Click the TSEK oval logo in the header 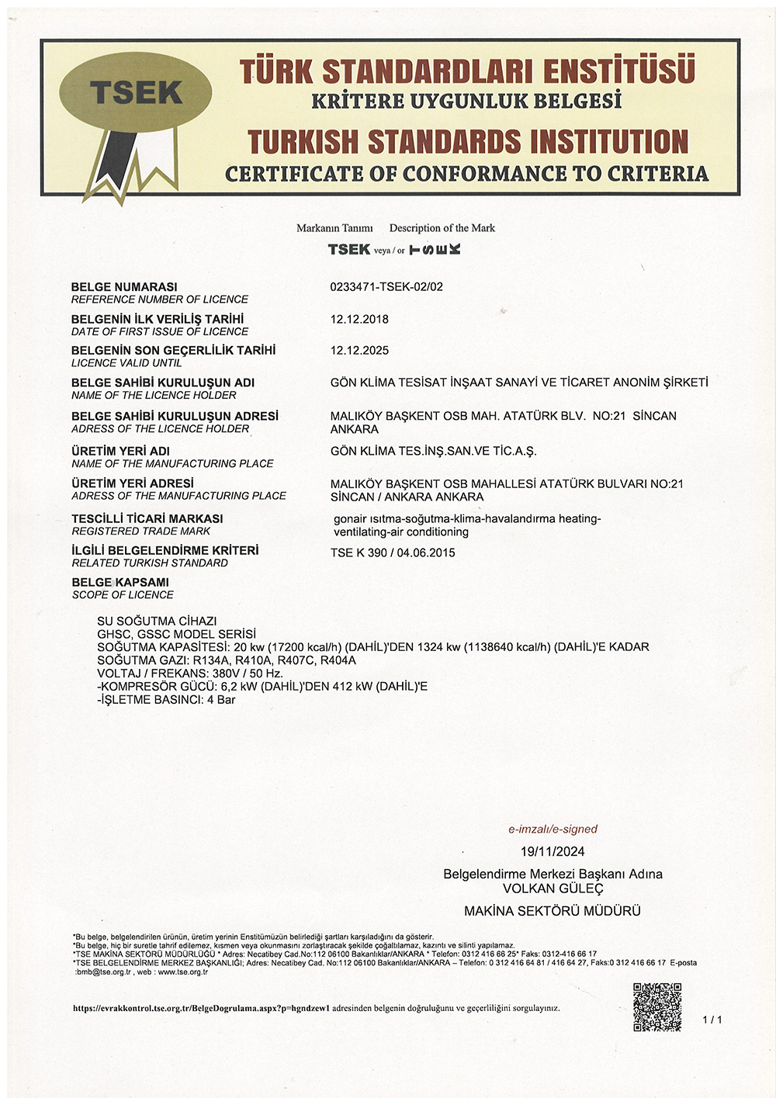tap(135, 94)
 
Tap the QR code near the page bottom tap(656, 1006)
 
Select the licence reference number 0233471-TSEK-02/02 tap(386, 286)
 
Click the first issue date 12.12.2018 tap(359, 319)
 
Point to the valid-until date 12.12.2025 tap(359, 350)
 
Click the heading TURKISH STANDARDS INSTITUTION tap(467, 142)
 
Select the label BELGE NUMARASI tap(124, 286)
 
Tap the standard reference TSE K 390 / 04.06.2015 tap(393, 552)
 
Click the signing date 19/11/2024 tap(553, 851)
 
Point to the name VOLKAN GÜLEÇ tap(553, 888)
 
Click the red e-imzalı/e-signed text tap(553, 829)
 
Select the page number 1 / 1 tap(712, 1020)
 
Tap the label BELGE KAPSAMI tap(120, 582)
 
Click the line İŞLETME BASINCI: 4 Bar tap(166, 699)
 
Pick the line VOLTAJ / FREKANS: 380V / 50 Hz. tap(190, 673)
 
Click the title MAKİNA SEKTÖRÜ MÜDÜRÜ tap(553, 911)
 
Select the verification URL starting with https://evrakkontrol tap(202, 1008)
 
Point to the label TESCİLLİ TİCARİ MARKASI tap(147, 518)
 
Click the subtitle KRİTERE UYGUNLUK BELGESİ tap(466, 101)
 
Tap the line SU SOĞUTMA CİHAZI tap(157, 621)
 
